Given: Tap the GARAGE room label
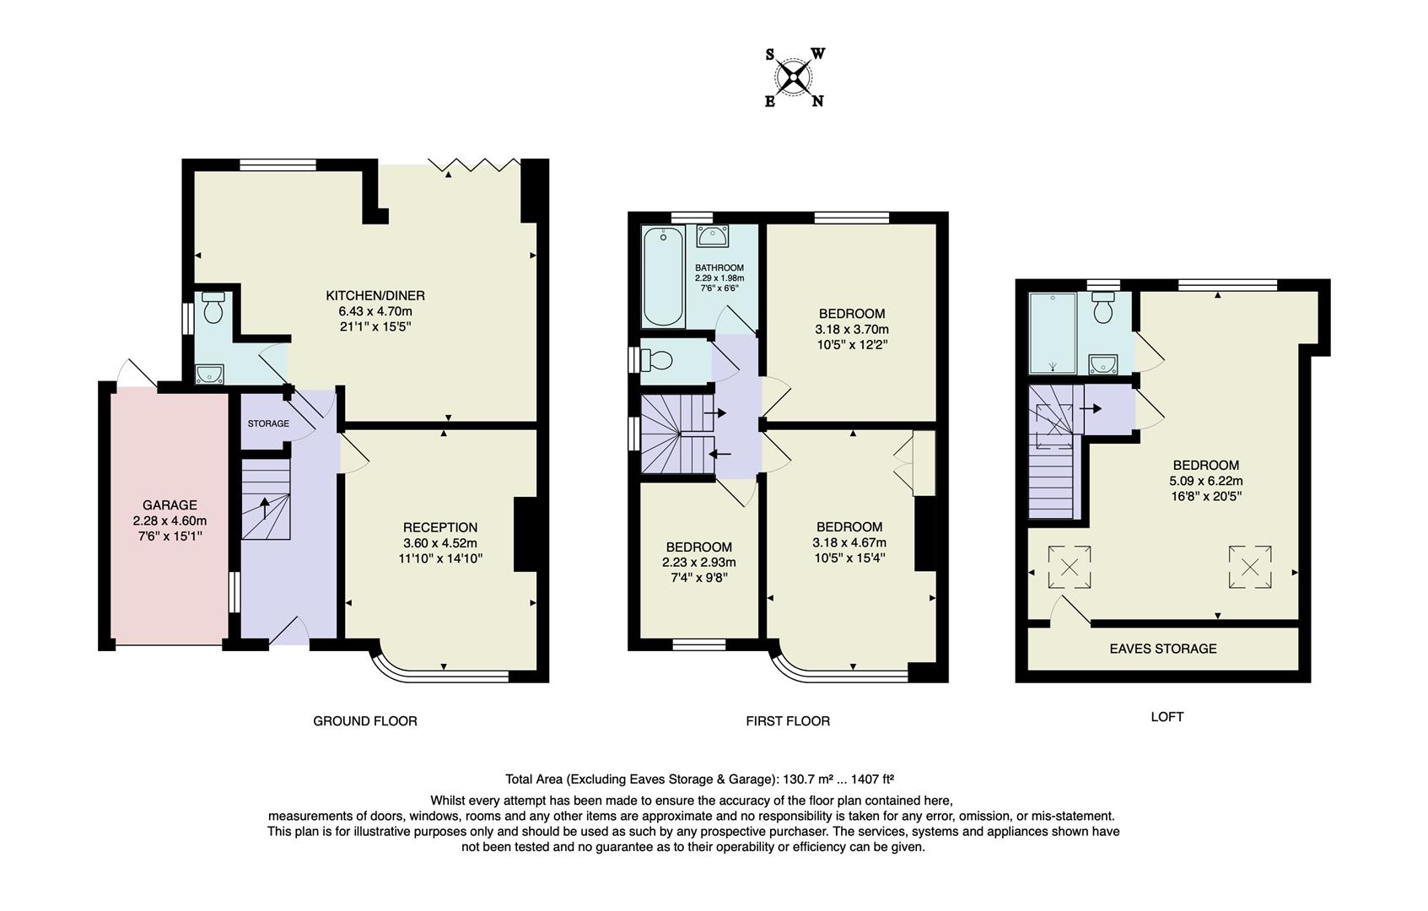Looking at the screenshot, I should click(170, 505).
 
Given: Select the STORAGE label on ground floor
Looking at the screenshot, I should click(268, 423).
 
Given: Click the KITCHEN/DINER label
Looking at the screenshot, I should click(375, 295).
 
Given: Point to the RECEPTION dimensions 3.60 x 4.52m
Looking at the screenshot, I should click(440, 543).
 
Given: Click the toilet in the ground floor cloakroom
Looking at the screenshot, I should click(213, 310).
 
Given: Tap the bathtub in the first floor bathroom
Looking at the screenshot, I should click(663, 277).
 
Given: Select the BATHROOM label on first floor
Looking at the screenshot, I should click(719, 268).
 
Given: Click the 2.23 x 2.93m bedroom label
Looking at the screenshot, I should click(698, 563).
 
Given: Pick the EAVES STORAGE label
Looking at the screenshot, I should click(1162, 649).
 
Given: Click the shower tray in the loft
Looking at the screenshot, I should click(1053, 332).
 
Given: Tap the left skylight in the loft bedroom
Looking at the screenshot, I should click(1069, 567).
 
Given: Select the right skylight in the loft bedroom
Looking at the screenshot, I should click(1250, 567).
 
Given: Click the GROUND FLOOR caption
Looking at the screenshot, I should click(365, 721).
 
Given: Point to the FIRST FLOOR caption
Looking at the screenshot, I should click(788, 721).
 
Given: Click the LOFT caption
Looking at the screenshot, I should click(1167, 717).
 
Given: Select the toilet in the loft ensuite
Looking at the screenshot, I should click(1103, 310).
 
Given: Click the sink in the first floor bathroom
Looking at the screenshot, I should click(714, 235).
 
